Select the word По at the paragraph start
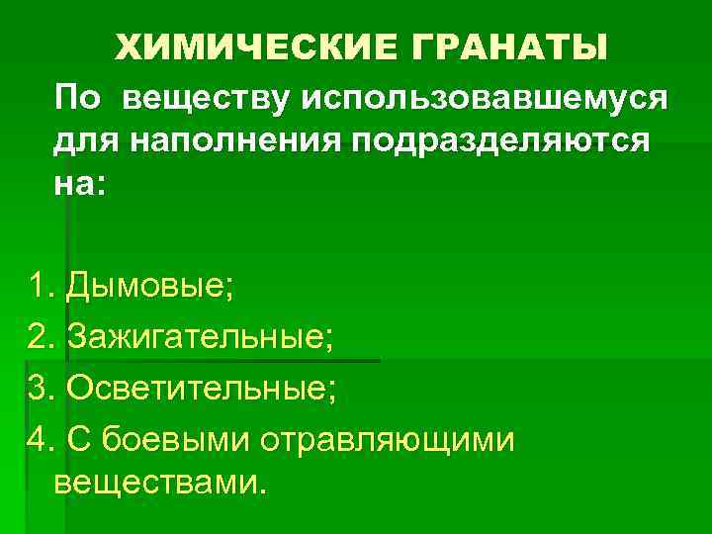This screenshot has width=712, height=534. pos(77,99)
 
